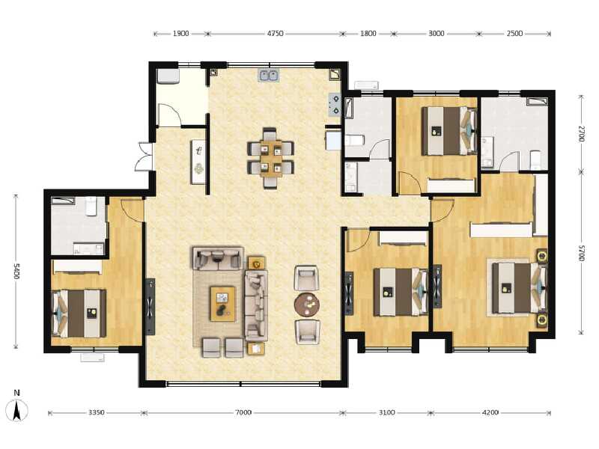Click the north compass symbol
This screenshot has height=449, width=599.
click(16, 409)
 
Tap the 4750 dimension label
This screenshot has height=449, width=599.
click(275, 34)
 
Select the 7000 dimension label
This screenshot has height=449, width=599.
click(243, 412)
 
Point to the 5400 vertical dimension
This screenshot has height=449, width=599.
click(15, 270)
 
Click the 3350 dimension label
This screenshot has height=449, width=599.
click(95, 412)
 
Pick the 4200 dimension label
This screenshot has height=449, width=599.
click(490, 412)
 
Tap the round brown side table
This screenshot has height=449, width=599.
click(306, 304)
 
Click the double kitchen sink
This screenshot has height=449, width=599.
click(269, 75)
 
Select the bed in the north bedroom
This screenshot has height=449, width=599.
click(449, 131)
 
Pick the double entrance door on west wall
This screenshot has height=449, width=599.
click(142, 157)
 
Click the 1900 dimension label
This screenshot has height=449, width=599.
click(180, 34)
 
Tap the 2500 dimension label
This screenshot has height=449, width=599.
click(514, 34)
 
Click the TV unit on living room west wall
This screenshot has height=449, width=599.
click(150, 305)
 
